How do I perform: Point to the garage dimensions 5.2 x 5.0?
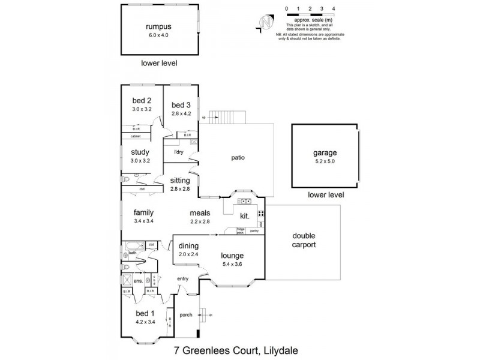point(325,161)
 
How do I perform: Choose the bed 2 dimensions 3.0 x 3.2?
point(141,109)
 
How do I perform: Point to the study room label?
point(140,152)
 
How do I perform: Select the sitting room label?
point(180,181)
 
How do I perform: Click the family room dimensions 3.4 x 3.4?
point(143,221)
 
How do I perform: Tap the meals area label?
point(200,212)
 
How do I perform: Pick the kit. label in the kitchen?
point(245,215)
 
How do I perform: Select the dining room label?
point(188,246)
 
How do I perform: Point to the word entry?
point(182,278)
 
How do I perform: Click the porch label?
point(186,315)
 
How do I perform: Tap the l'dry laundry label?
point(178,152)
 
